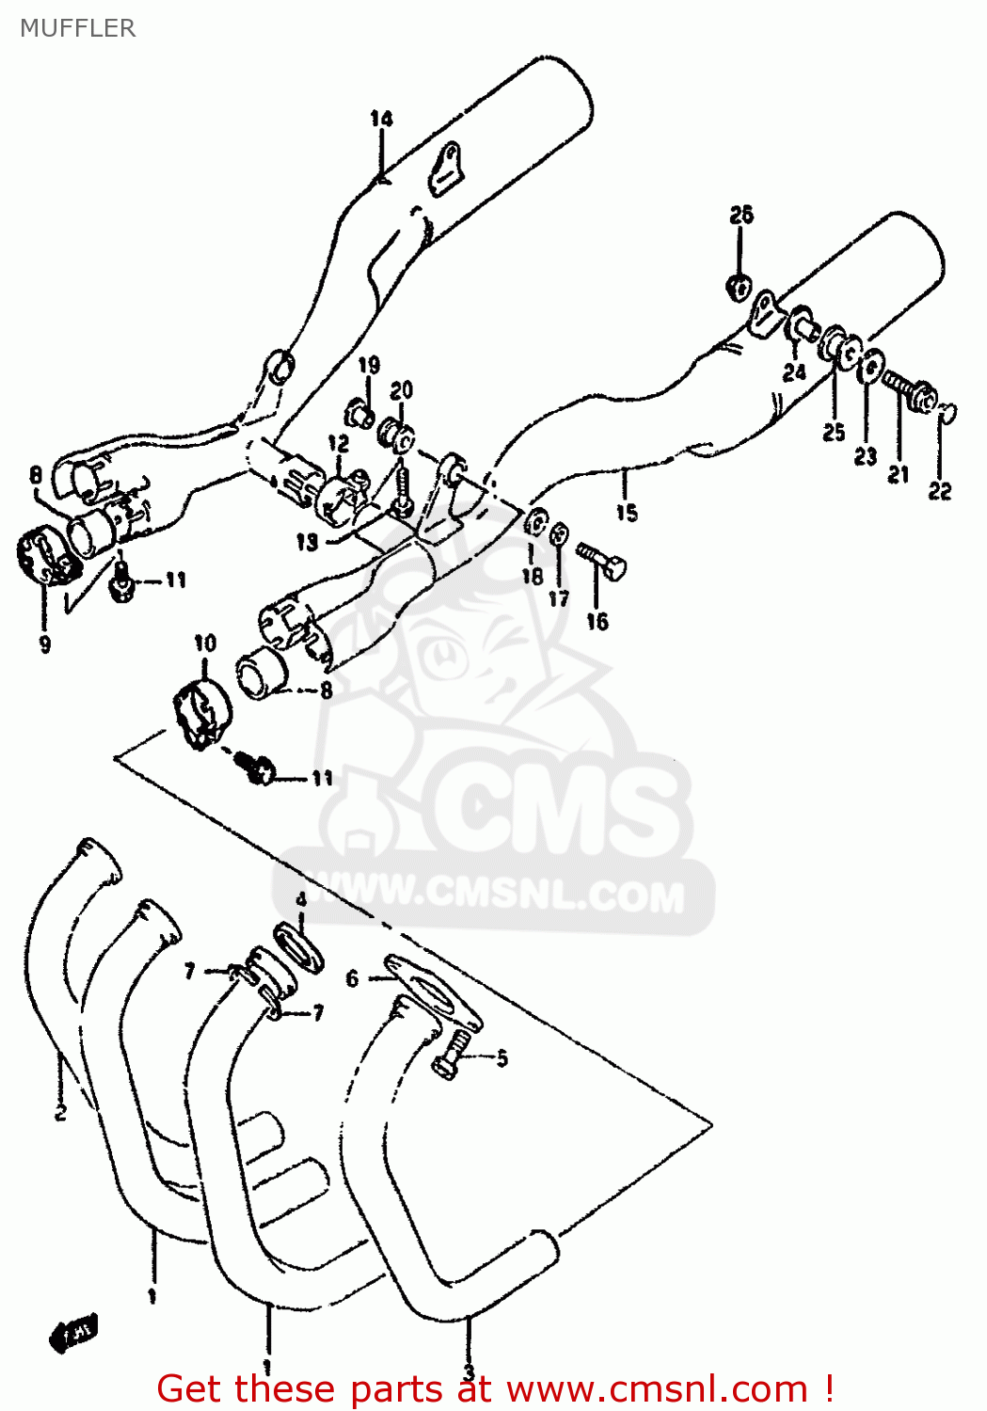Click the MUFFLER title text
click(77, 28)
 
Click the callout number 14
click(381, 119)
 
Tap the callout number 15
click(627, 513)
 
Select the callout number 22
click(939, 490)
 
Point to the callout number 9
click(44, 644)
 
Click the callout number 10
click(205, 643)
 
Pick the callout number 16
click(597, 621)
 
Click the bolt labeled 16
click(601, 561)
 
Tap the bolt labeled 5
click(451, 1054)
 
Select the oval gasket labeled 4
click(299, 948)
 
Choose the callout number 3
click(468, 1371)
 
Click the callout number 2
click(60, 1113)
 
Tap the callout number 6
click(352, 978)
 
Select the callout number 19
click(369, 365)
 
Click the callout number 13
click(308, 542)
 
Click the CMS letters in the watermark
click(555, 809)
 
